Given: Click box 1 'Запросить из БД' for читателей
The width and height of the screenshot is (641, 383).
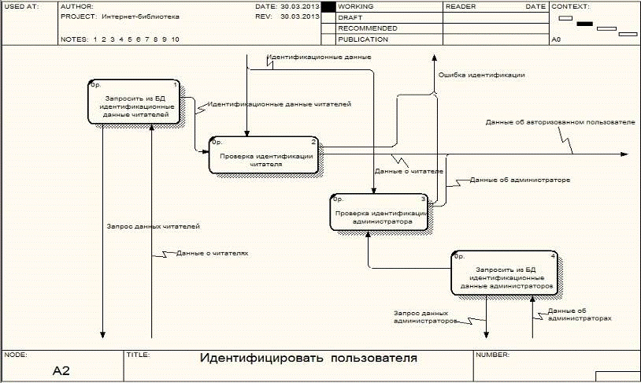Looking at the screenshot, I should pyautogui.click(x=134, y=102).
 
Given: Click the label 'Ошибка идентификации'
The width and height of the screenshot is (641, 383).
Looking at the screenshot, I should pyautogui.click(x=482, y=75).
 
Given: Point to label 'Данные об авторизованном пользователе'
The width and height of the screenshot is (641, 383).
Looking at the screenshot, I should pyautogui.click(x=560, y=123).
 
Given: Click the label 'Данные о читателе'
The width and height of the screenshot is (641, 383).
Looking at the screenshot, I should pyautogui.click(x=409, y=171).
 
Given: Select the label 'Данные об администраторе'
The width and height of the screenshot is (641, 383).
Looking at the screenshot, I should pyautogui.click(x=520, y=180).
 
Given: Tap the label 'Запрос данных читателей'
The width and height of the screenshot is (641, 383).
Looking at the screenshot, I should pyautogui.click(x=153, y=227).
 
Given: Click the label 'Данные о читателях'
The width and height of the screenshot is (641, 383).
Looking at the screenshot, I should pyautogui.click(x=212, y=254).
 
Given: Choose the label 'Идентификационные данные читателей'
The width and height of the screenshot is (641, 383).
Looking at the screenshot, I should pyautogui.click(x=279, y=104).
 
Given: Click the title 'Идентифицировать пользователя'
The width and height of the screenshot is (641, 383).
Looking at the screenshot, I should pyautogui.click(x=308, y=359).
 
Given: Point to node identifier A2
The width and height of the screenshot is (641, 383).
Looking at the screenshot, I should pyautogui.click(x=61, y=370).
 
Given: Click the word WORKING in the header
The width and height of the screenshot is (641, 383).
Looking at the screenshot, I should pyautogui.click(x=356, y=6).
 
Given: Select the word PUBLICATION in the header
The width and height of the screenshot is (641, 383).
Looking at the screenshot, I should pyautogui.click(x=362, y=39).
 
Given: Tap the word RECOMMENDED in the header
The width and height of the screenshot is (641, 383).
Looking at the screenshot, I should pyautogui.click(x=367, y=28).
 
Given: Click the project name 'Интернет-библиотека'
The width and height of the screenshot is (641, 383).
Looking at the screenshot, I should pyautogui.click(x=140, y=16).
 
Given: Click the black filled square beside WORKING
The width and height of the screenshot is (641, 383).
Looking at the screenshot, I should pyautogui.click(x=328, y=6).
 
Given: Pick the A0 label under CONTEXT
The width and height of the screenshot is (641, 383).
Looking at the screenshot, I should pyautogui.click(x=557, y=39).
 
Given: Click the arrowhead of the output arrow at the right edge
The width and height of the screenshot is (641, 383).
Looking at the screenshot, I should pyautogui.click(x=624, y=154).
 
